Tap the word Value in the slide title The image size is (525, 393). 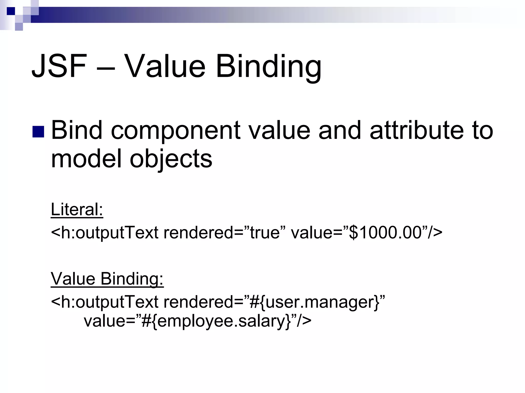[166, 66]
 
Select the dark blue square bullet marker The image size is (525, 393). [38, 132]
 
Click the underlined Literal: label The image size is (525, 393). [77, 210]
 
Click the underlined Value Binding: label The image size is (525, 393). [107, 279]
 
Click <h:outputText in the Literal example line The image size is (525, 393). [105, 233]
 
